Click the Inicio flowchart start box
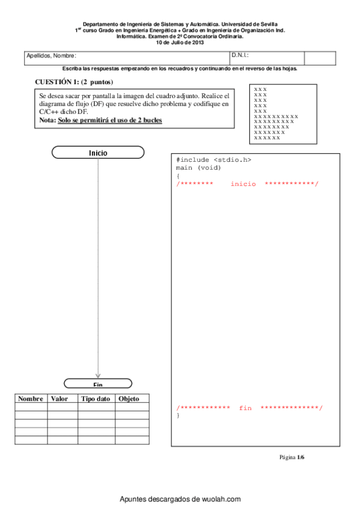point(98,153)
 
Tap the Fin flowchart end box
point(98,384)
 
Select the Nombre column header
point(31,399)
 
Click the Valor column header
point(59,399)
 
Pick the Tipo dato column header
point(96,399)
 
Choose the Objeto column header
point(129,399)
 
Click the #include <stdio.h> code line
point(214,160)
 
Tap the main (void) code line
point(199,168)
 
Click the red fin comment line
point(249,408)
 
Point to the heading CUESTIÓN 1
point(74,82)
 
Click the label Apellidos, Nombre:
point(51,56)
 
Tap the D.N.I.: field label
point(240,55)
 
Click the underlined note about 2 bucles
point(110,120)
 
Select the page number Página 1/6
point(293,457)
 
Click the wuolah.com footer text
point(180,499)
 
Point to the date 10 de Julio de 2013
point(180,43)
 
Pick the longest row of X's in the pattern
point(276,116)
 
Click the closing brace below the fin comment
point(178,416)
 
